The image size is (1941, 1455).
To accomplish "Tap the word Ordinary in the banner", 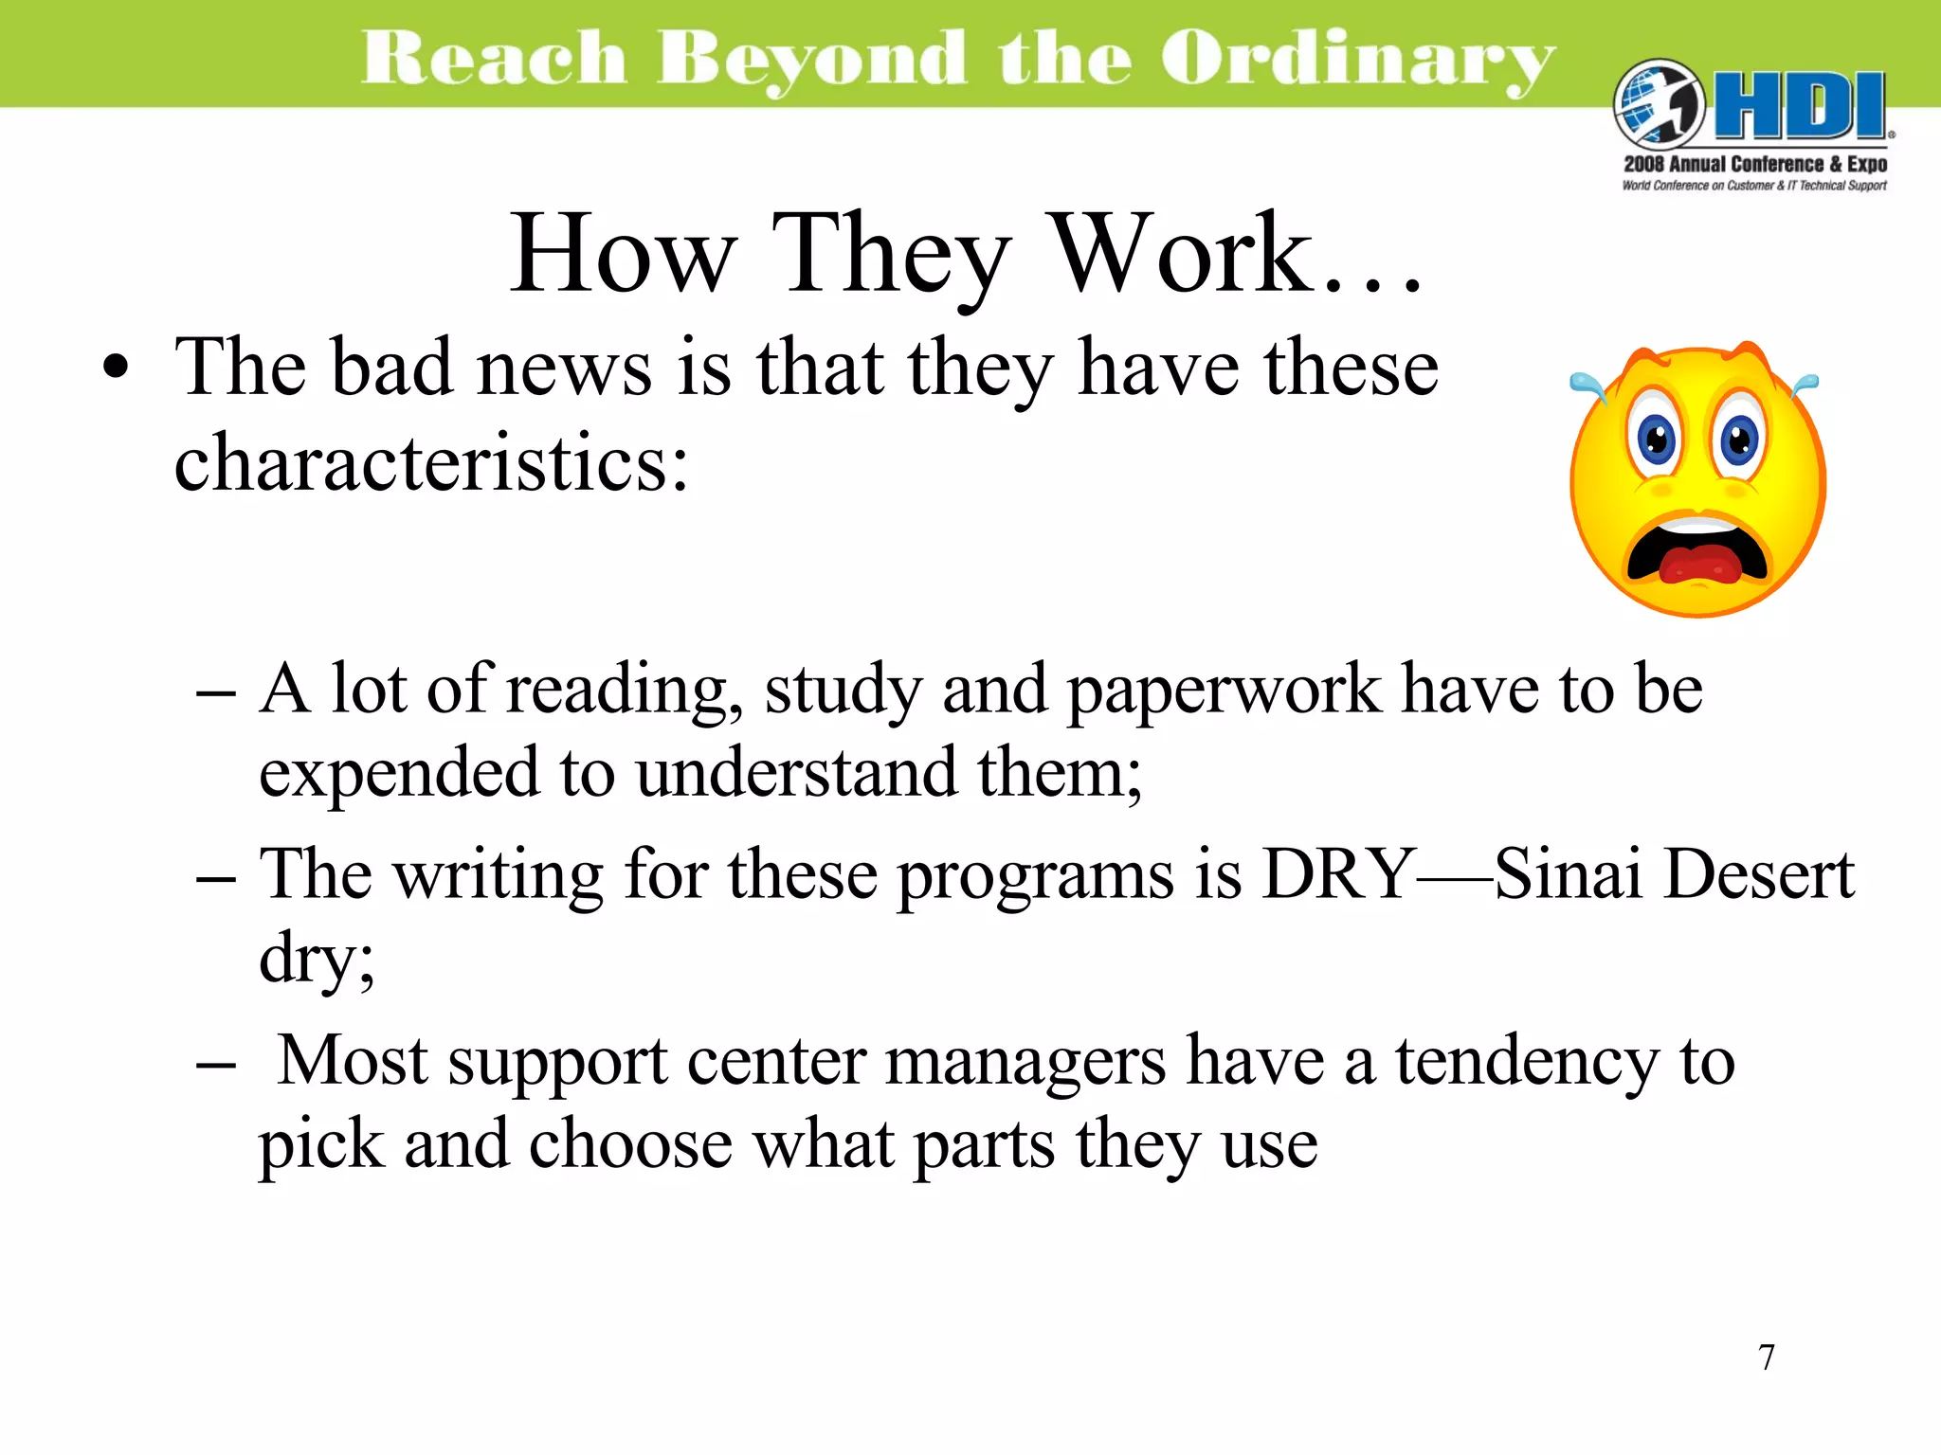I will [x=1357, y=59].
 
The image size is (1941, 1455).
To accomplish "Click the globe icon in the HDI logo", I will [x=1658, y=104].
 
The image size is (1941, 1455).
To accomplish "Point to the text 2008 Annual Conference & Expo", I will [x=1755, y=164].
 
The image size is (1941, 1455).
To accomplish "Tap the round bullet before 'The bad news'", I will [x=116, y=368].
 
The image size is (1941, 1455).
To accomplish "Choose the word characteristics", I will [x=431, y=463].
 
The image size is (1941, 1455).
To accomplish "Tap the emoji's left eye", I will [x=1657, y=440].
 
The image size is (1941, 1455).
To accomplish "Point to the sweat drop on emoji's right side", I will [x=1805, y=384].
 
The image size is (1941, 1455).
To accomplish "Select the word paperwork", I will [x=1224, y=691].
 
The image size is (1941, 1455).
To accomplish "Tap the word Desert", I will [x=1759, y=873].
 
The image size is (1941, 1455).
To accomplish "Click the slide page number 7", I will [x=1767, y=1357].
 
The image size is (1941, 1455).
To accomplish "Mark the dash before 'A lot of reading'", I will [x=216, y=693].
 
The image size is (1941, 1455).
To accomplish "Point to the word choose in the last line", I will [x=630, y=1145].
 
